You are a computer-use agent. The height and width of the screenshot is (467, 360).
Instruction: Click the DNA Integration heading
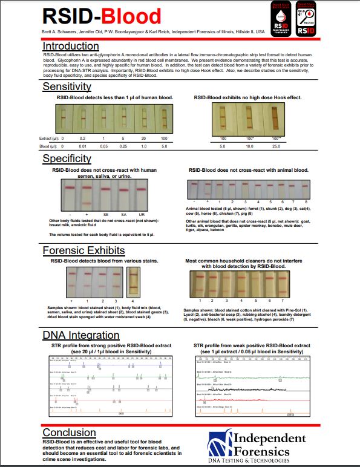[81, 335]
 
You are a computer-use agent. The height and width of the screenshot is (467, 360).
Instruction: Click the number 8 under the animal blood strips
[307, 201]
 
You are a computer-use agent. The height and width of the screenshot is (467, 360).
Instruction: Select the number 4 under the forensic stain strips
[133, 300]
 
